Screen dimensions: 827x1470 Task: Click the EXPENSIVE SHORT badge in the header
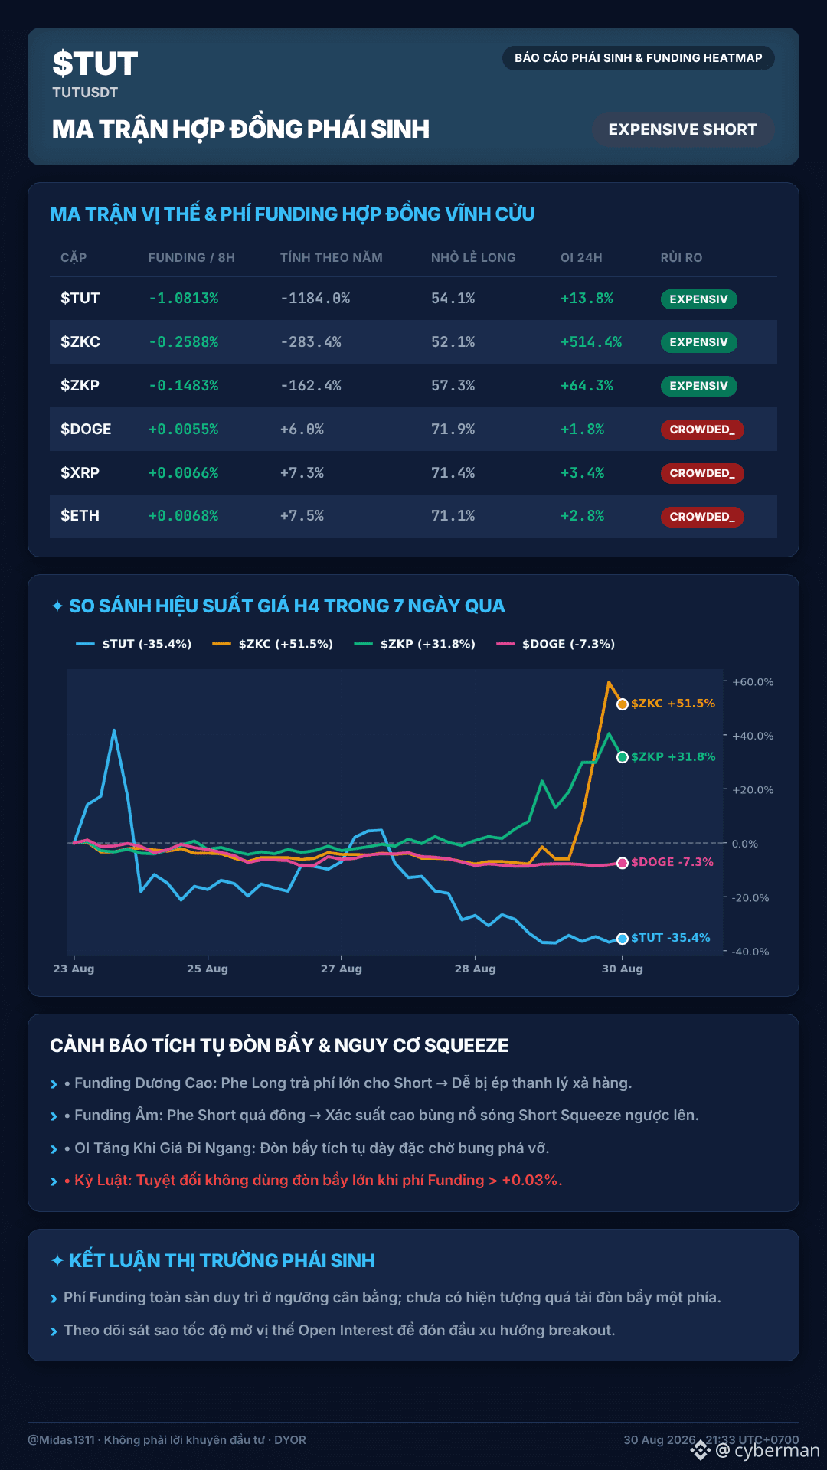click(x=683, y=129)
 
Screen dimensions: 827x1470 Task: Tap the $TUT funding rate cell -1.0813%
click(x=184, y=299)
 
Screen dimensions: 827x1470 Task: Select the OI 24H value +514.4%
click(x=591, y=342)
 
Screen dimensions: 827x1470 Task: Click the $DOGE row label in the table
click(x=86, y=429)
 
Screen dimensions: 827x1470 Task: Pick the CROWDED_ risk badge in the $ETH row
click(x=702, y=517)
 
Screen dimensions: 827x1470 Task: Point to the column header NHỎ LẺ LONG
click(x=473, y=258)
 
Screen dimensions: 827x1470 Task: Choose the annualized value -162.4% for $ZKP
click(x=311, y=386)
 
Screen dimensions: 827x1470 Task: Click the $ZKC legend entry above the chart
click(x=273, y=644)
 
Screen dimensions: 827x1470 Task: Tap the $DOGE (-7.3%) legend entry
click(x=556, y=644)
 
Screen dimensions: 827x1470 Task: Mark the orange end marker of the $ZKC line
click(x=623, y=704)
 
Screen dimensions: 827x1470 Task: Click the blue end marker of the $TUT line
click(x=623, y=939)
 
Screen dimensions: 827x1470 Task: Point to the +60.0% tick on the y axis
click(x=753, y=682)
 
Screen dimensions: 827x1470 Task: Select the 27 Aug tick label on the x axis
click(x=342, y=969)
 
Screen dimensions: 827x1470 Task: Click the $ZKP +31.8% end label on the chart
click(x=673, y=756)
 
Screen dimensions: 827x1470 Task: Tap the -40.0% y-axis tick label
click(x=750, y=952)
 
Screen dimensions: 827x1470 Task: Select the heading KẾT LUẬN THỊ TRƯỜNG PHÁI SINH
click(x=221, y=1260)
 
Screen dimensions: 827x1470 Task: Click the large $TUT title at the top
click(x=95, y=64)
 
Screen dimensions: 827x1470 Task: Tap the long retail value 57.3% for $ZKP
click(x=453, y=386)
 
